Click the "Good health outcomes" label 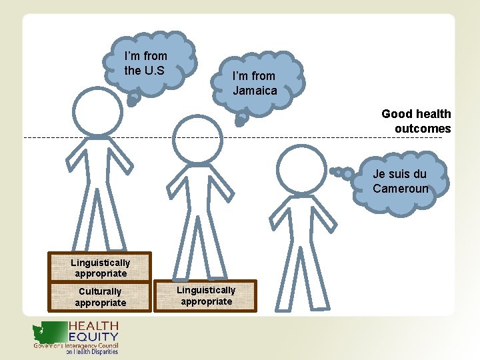pyautogui.click(x=416, y=121)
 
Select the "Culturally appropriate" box pyautogui.click(x=100, y=297)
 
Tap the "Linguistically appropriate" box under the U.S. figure pyautogui.click(x=100, y=267)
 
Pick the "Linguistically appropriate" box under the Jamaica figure pyautogui.click(x=206, y=295)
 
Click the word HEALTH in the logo pyautogui.click(x=93, y=326)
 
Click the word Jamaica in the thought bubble pyautogui.click(x=255, y=91)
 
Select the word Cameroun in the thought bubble pyautogui.click(x=400, y=189)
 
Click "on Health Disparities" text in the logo pyautogui.click(x=91, y=352)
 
